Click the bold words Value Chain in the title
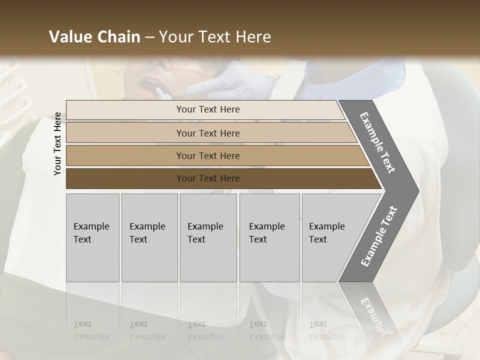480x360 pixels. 94,37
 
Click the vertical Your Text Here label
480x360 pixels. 57,143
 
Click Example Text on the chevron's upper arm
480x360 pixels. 377,142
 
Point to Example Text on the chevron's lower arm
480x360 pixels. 379,236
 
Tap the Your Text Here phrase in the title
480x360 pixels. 215,37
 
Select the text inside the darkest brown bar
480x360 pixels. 208,178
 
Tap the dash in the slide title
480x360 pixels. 149,37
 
